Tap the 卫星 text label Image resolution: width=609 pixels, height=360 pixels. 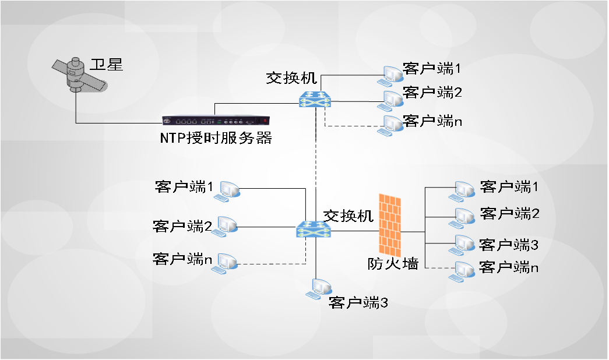107,65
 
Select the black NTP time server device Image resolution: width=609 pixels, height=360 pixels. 216,121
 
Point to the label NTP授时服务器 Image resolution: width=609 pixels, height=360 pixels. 216,138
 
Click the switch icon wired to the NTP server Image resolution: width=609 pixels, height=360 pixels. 315,100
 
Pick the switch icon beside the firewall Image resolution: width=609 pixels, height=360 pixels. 314,230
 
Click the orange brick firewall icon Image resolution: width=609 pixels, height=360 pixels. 389,225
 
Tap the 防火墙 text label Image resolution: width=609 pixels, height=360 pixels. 393,264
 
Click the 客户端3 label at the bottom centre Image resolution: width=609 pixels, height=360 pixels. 358,302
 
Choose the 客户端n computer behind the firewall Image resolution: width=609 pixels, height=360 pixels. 462,271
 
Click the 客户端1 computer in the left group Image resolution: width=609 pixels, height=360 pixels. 227,192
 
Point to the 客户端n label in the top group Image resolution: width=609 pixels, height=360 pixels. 432,121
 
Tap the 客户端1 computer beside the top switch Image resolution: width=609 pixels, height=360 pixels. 390,76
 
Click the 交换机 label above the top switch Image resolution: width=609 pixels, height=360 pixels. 292,78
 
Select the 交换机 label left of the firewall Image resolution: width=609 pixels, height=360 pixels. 348,216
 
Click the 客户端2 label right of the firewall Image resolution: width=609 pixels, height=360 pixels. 509,214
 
